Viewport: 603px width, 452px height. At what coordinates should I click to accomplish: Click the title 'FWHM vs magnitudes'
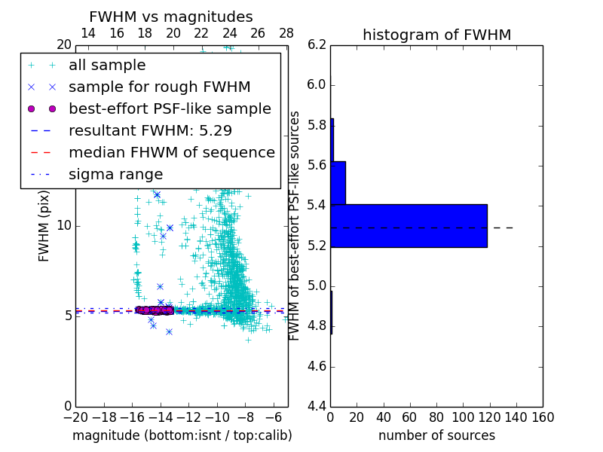170,17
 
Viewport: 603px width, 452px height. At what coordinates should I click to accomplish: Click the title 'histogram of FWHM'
436,35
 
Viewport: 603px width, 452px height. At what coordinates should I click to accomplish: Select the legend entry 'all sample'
107,66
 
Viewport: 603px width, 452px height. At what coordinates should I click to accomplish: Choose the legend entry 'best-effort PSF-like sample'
170,108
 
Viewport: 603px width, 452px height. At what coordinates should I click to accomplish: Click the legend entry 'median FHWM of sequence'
171,152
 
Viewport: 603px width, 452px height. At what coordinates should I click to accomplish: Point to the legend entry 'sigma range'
115,174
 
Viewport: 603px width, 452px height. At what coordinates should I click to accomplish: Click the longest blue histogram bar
409,225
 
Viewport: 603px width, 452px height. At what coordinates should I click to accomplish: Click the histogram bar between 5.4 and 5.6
338,182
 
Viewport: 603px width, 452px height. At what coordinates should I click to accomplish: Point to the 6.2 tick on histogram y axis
317,44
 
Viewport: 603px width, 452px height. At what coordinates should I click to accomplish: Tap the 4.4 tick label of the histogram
317,407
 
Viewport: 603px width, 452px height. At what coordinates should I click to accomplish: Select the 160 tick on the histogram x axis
543,417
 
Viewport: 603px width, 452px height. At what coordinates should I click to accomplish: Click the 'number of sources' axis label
436,435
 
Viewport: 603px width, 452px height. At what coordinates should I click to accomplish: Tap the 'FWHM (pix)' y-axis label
44,225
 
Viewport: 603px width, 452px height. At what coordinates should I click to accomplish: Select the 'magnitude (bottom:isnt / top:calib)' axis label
182,435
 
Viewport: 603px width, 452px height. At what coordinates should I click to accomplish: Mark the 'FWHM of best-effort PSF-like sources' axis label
295,225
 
